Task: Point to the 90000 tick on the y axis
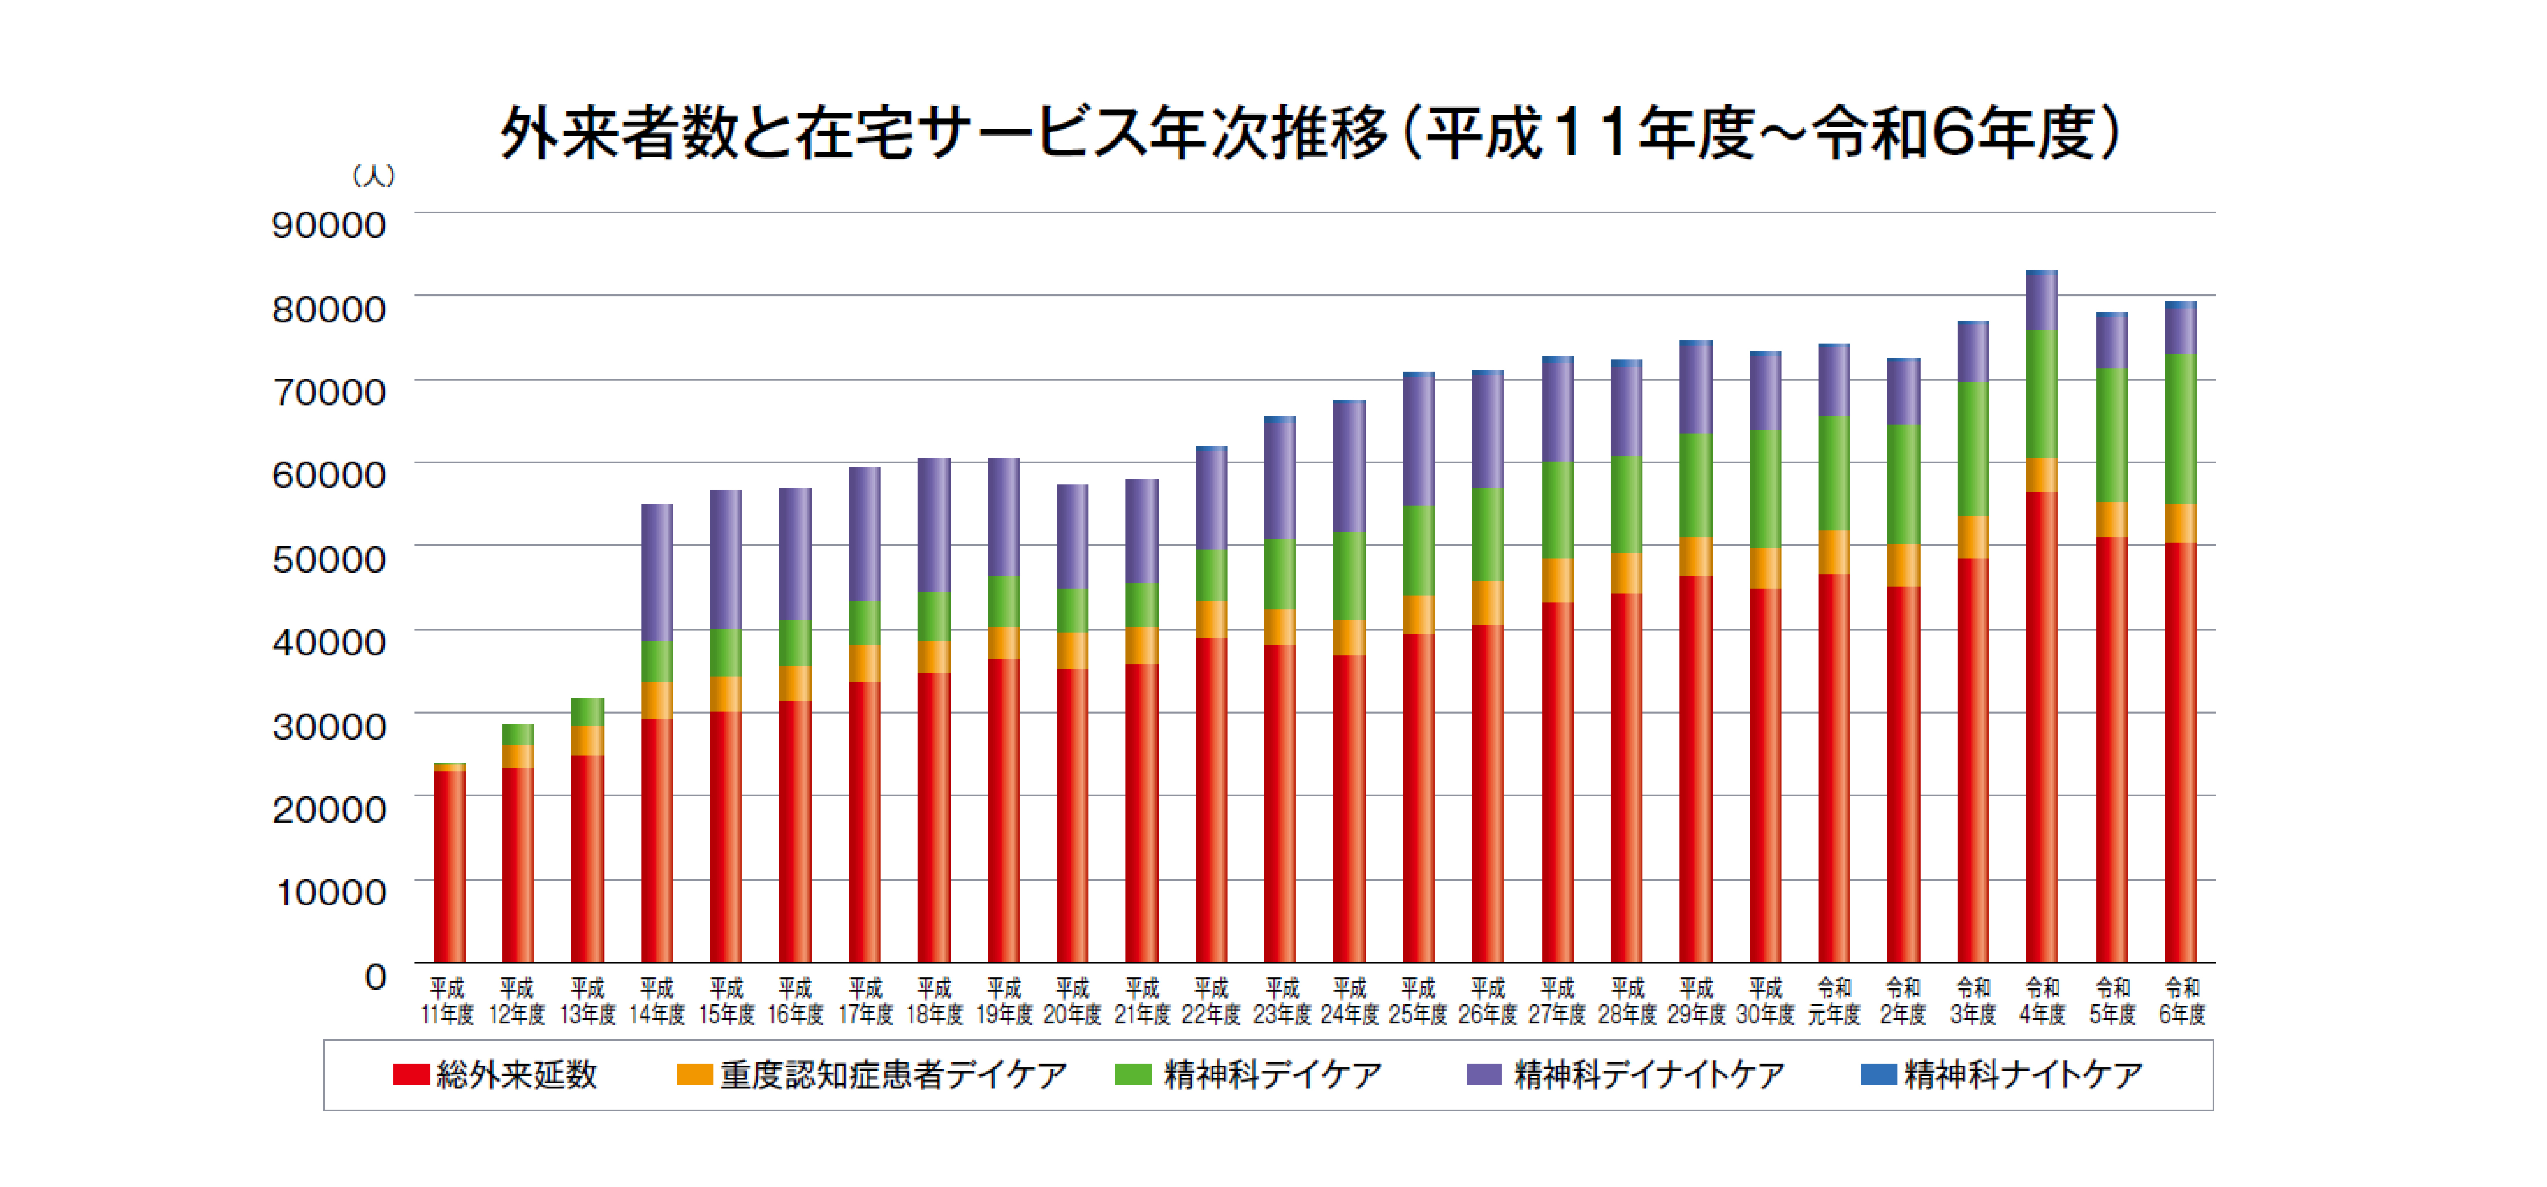328,225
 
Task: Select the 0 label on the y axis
375,976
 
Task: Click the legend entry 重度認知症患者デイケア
872,1074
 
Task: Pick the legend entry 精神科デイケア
1248,1074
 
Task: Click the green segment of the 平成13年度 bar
587,711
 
